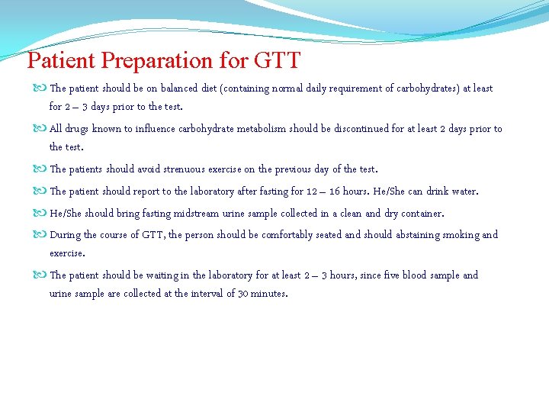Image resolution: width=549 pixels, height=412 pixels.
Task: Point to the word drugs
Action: (77, 129)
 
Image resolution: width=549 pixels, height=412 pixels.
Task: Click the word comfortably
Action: (287, 235)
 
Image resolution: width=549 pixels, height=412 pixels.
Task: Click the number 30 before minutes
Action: (244, 294)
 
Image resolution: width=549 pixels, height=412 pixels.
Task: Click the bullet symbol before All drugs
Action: (40, 129)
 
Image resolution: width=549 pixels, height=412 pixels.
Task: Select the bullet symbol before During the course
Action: (40, 235)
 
